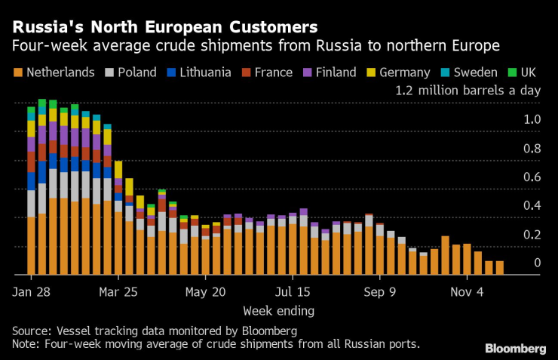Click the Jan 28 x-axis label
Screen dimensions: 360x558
tap(31, 291)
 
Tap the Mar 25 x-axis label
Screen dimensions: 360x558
tap(118, 291)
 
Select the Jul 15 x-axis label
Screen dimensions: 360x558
tap(293, 291)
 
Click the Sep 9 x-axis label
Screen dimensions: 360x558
tap(380, 291)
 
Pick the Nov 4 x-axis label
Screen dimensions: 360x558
tap(467, 291)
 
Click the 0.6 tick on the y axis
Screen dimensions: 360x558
tap(533, 177)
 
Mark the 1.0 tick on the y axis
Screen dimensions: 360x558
tap(533, 119)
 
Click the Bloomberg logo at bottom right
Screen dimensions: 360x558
tap(516, 348)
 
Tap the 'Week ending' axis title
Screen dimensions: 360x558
tap(278, 310)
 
